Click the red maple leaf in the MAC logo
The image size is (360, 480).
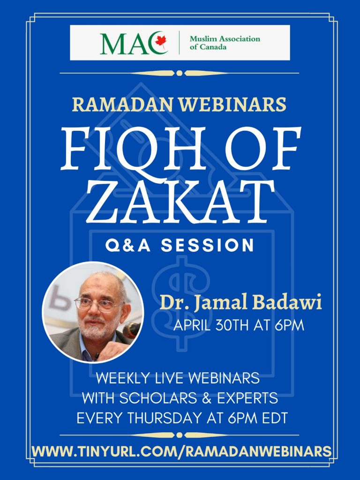click(161, 41)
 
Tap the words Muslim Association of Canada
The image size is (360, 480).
click(225, 43)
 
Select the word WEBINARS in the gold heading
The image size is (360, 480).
click(232, 105)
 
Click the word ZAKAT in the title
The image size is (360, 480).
click(180, 202)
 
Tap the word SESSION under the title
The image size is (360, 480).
click(208, 246)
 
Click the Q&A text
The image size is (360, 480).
click(128, 246)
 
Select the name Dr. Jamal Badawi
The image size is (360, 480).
click(240, 303)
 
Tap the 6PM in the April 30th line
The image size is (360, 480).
click(289, 325)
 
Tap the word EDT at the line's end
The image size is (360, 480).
click(275, 418)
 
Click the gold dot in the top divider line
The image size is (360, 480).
click(180, 73)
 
